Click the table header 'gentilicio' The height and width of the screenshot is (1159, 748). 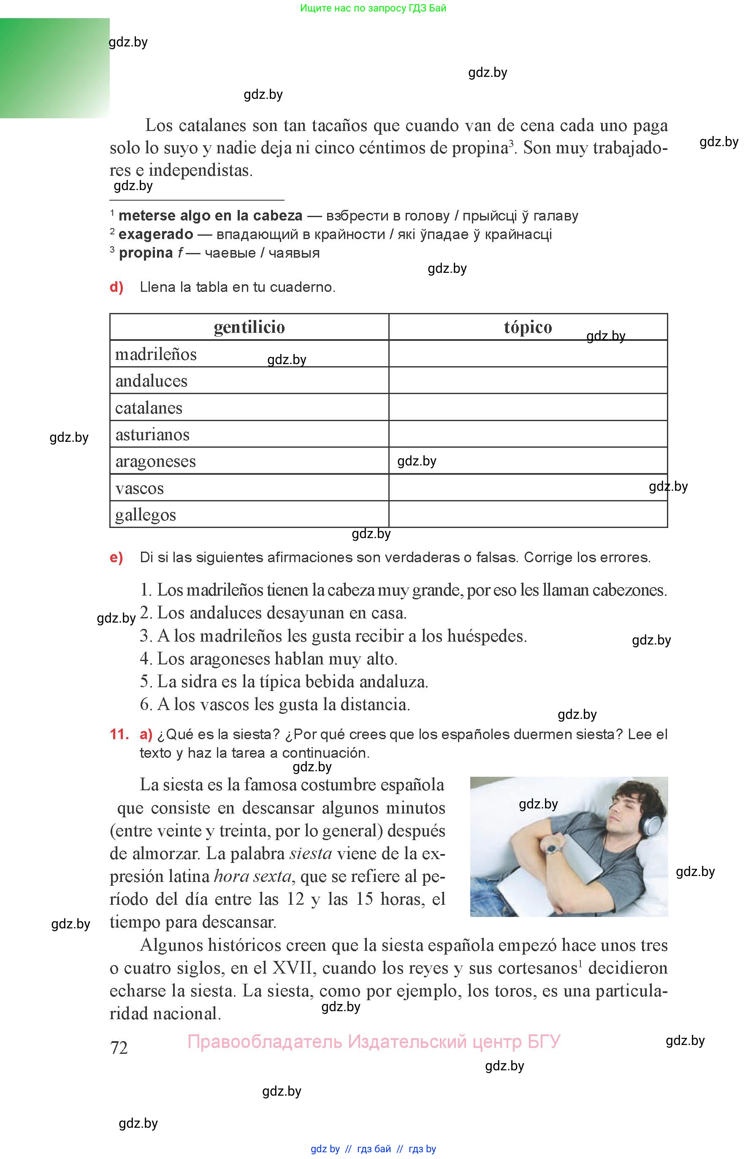coord(249,327)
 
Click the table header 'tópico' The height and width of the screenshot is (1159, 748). coord(528,327)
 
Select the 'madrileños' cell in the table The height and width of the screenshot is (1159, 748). coord(156,354)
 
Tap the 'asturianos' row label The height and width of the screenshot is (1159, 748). coord(152,435)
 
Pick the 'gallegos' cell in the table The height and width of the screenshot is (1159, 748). coord(145,514)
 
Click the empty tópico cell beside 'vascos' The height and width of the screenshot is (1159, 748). coord(528,488)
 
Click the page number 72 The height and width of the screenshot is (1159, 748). coord(119,1048)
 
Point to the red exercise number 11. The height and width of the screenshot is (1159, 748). coord(119,734)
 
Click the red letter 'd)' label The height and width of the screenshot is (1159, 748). coord(117,287)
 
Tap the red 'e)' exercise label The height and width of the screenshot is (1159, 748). coord(117,558)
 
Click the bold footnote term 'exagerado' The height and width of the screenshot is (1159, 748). coord(156,234)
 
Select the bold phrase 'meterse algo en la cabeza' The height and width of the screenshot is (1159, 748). coord(210,216)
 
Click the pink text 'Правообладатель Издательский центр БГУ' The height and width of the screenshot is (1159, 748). coord(374,1042)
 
